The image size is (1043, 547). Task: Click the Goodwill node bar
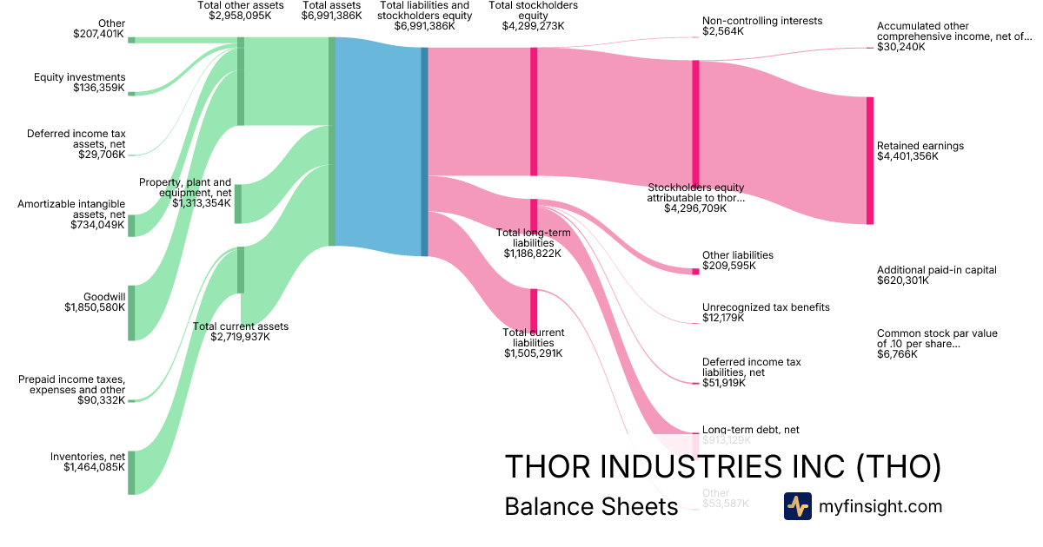tap(131, 313)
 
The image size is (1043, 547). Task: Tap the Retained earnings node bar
tap(869, 161)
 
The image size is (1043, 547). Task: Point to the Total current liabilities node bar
tap(534, 310)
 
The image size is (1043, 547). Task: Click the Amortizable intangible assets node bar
tap(131, 225)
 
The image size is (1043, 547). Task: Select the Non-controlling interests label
tap(761, 21)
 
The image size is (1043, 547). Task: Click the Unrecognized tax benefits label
tap(766, 307)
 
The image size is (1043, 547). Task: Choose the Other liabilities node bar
tap(695, 272)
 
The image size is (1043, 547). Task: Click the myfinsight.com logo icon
tap(797, 506)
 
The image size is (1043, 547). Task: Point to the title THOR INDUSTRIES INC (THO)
tap(722, 467)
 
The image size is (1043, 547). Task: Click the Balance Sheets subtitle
tap(590, 507)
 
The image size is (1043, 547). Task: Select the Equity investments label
tap(80, 77)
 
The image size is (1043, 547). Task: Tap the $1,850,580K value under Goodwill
tap(95, 307)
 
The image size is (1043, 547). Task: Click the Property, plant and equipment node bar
tap(238, 204)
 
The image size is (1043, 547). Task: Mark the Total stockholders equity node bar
tap(534, 111)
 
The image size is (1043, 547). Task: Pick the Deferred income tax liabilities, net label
tap(751, 367)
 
